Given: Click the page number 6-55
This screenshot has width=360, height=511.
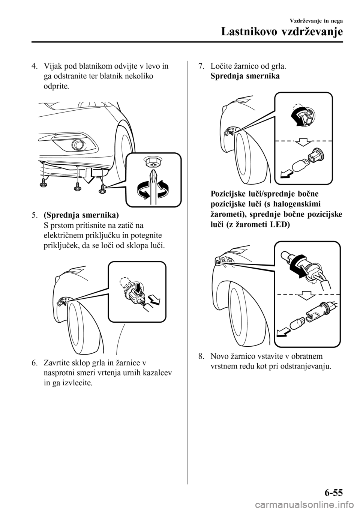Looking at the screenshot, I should pyautogui.click(x=331, y=492).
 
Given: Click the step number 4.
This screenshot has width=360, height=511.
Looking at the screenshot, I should pyautogui.click(x=34, y=67).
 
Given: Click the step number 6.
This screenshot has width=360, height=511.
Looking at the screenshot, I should pyautogui.click(x=34, y=363).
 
